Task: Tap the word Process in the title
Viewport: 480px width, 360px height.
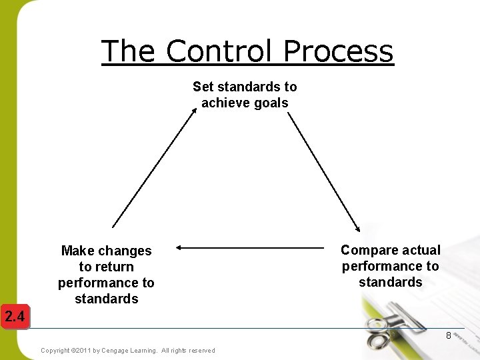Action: point(338,51)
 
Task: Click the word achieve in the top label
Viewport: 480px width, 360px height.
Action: point(224,103)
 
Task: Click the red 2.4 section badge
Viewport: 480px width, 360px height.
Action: point(14,317)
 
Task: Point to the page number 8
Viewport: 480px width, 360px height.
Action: point(449,335)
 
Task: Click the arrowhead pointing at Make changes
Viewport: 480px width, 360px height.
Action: point(179,248)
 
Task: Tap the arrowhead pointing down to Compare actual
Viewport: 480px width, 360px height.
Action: point(358,228)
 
